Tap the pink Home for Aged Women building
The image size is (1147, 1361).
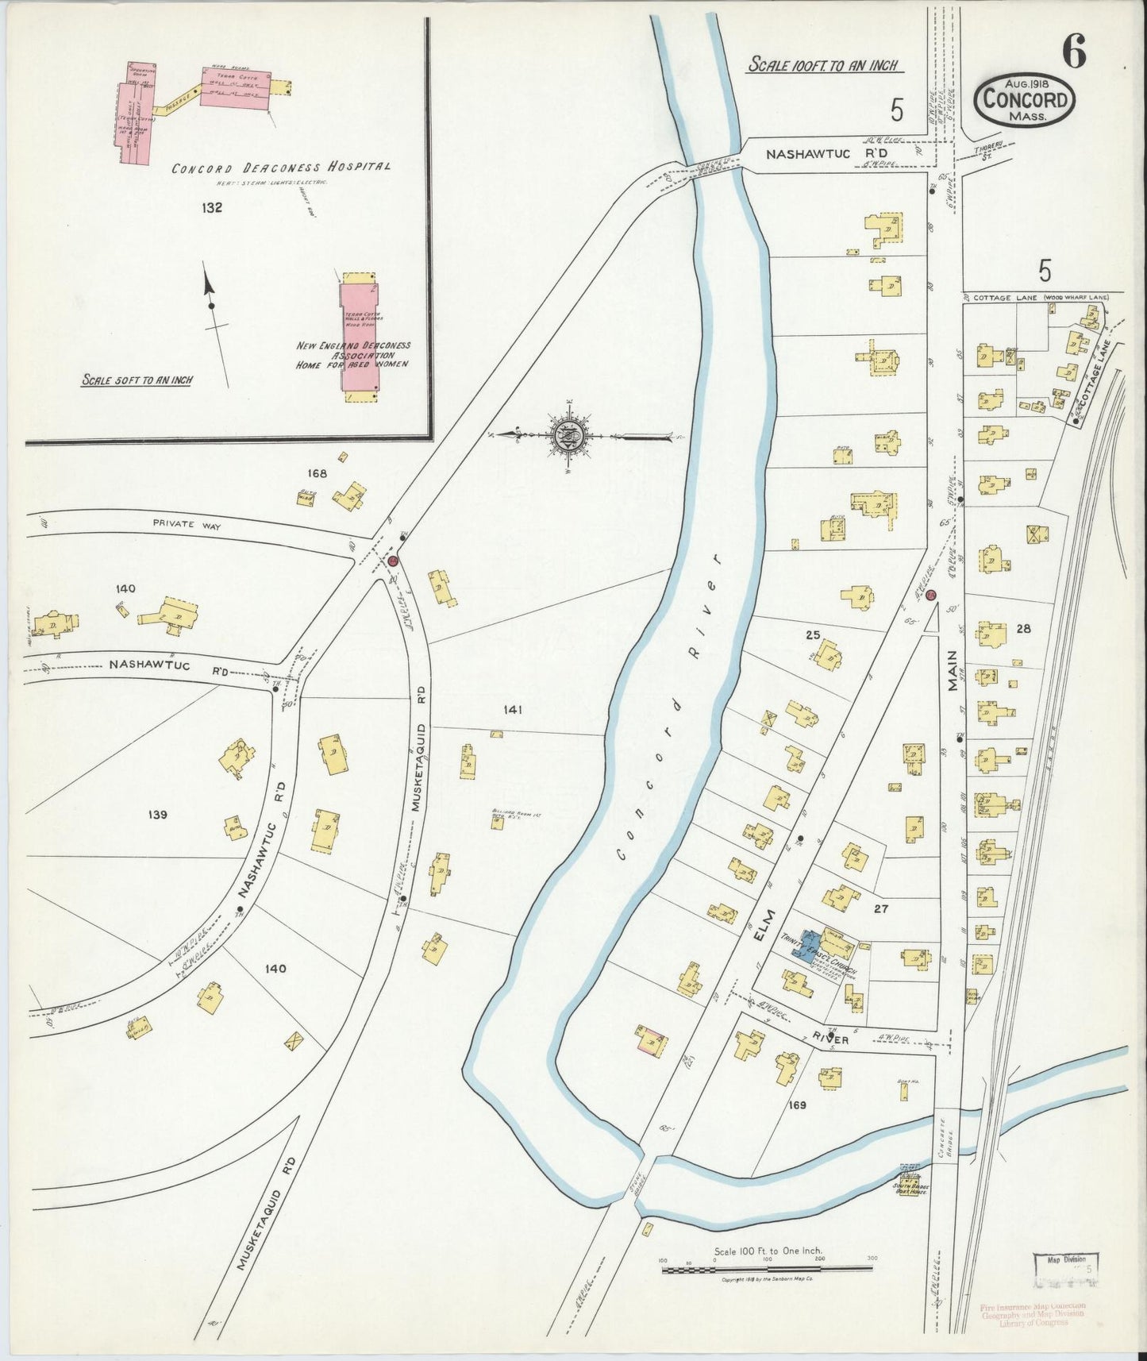pos(359,338)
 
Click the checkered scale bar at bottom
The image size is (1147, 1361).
pos(767,1270)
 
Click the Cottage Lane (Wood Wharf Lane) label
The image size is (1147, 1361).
pos(1040,298)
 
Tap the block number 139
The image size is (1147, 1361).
pos(157,815)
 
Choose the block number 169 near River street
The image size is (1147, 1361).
pos(798,1105)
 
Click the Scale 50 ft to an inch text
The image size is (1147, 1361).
pos(137,380)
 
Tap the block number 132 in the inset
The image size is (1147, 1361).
pos(211,208)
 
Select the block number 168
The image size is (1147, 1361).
pos(318,473)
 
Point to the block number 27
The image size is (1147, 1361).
pos(880,909)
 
